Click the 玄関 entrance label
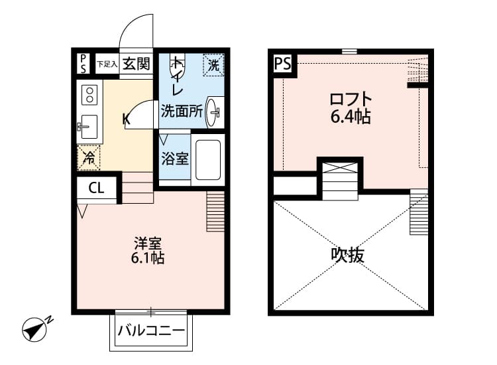(x=137, y=65)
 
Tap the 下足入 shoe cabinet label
(x=107, y=64)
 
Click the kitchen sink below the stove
(x=88, y=126)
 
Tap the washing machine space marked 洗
(x=213, y=65)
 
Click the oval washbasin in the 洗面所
(x=214, y=111)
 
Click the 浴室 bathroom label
(x=174, y=159)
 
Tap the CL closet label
(x=96, y=188)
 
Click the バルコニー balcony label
(x=151, y=330)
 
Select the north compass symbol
(x=36, y=328)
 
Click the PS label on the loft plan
(x=281, y=64)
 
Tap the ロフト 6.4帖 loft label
(x=351, y=108)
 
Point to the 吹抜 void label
(x=348, y=256)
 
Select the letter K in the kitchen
(x=126, y=119)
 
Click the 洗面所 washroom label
(x=182, y=111)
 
